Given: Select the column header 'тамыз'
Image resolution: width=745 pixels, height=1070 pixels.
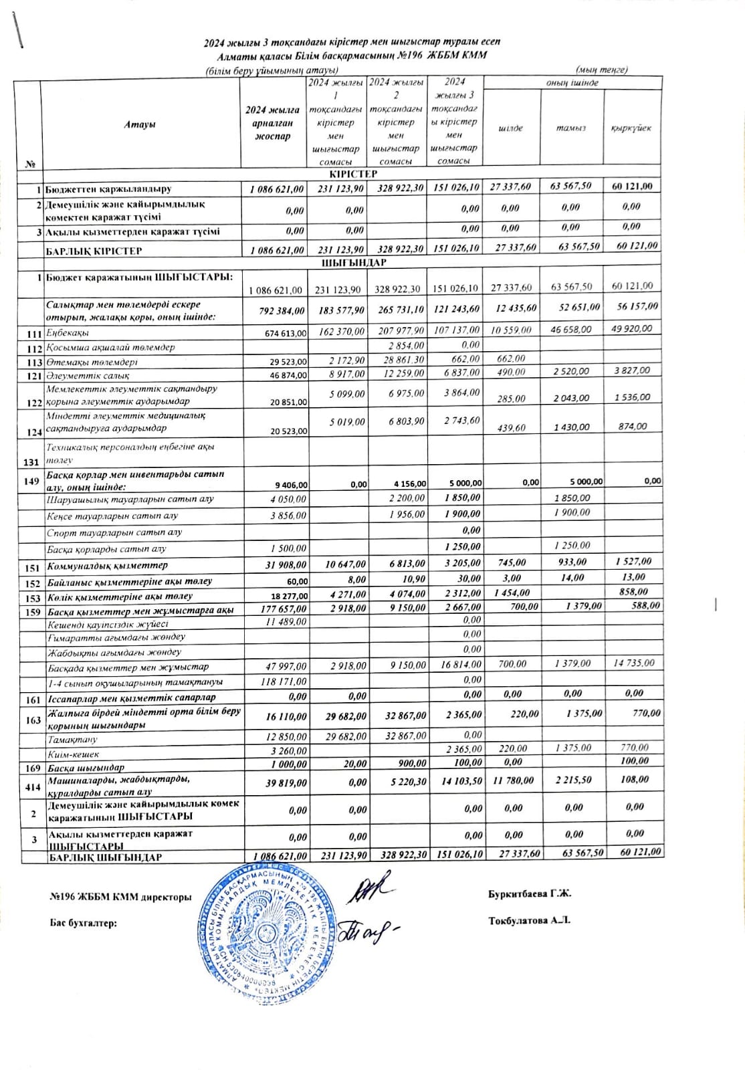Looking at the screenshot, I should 570,128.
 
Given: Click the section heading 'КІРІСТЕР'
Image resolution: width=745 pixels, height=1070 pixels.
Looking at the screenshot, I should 353,174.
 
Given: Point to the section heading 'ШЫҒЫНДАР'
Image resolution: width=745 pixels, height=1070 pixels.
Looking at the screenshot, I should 353,263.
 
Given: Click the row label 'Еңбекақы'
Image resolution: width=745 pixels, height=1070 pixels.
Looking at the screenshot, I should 68,333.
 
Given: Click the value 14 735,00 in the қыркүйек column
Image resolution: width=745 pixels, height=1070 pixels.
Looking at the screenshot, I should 633,663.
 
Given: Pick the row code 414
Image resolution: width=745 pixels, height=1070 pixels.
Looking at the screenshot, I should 32,787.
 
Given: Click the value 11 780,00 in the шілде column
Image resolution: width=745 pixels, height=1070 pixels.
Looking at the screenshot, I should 513,780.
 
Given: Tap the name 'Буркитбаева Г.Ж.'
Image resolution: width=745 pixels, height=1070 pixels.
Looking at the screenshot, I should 530,893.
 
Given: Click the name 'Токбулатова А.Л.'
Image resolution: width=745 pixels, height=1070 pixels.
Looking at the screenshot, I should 529,921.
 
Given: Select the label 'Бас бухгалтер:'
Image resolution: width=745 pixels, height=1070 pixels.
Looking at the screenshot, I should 84,923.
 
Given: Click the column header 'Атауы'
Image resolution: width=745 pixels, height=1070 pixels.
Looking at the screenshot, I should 140,125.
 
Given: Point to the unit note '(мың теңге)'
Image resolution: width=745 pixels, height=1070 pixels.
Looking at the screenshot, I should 601,70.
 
